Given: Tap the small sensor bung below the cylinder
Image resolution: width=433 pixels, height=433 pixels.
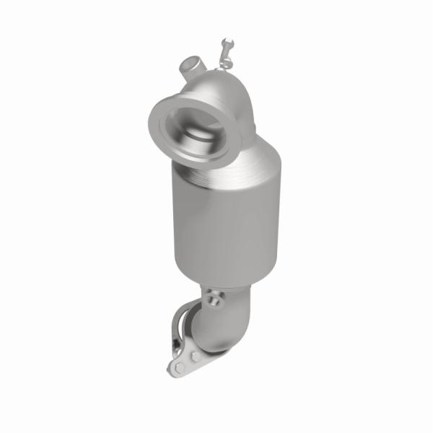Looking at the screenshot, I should pyautogui.click(x=214, y=295).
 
